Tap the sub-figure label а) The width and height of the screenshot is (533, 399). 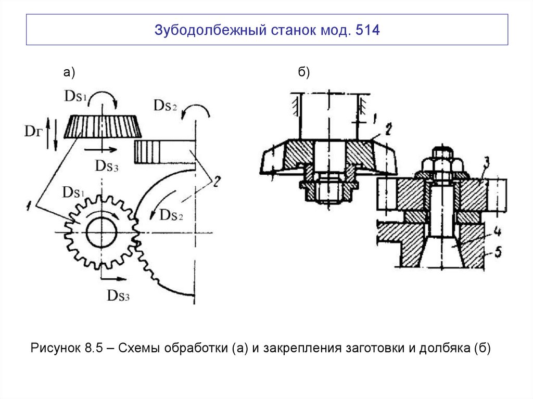coord(69,73)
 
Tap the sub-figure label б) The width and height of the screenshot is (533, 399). coord(304,73)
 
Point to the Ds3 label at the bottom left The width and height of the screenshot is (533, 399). coord(118,295)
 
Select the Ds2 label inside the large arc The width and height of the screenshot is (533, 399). coord(172,214)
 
